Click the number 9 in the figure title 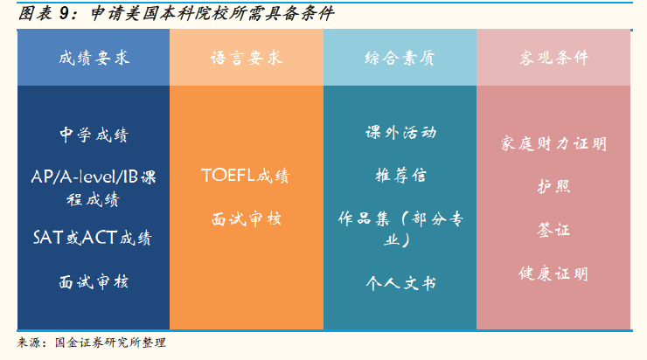tap(64, 14)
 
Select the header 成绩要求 tap(94, 58)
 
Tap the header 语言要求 tap(247, 58)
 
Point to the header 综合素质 tap(400, 58)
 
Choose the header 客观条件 tap(553, 58)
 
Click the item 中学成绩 tap(94, 135)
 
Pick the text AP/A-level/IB tap(85, 177)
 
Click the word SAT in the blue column tap(48, 238)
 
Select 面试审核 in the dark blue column tap(94, 282)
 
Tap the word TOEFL tap(228, 176)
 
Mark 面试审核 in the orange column tap(247, 219)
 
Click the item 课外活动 tap(400, 132)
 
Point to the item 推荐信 tap(400, 176)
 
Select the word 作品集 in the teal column tap(364, 218)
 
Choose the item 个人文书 tap(400, 283)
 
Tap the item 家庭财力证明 tap(553, 144)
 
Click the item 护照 tap(553, 187)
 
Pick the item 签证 tap(553, 230)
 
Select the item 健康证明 tap(553, 273)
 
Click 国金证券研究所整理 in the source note tap(110, 343)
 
